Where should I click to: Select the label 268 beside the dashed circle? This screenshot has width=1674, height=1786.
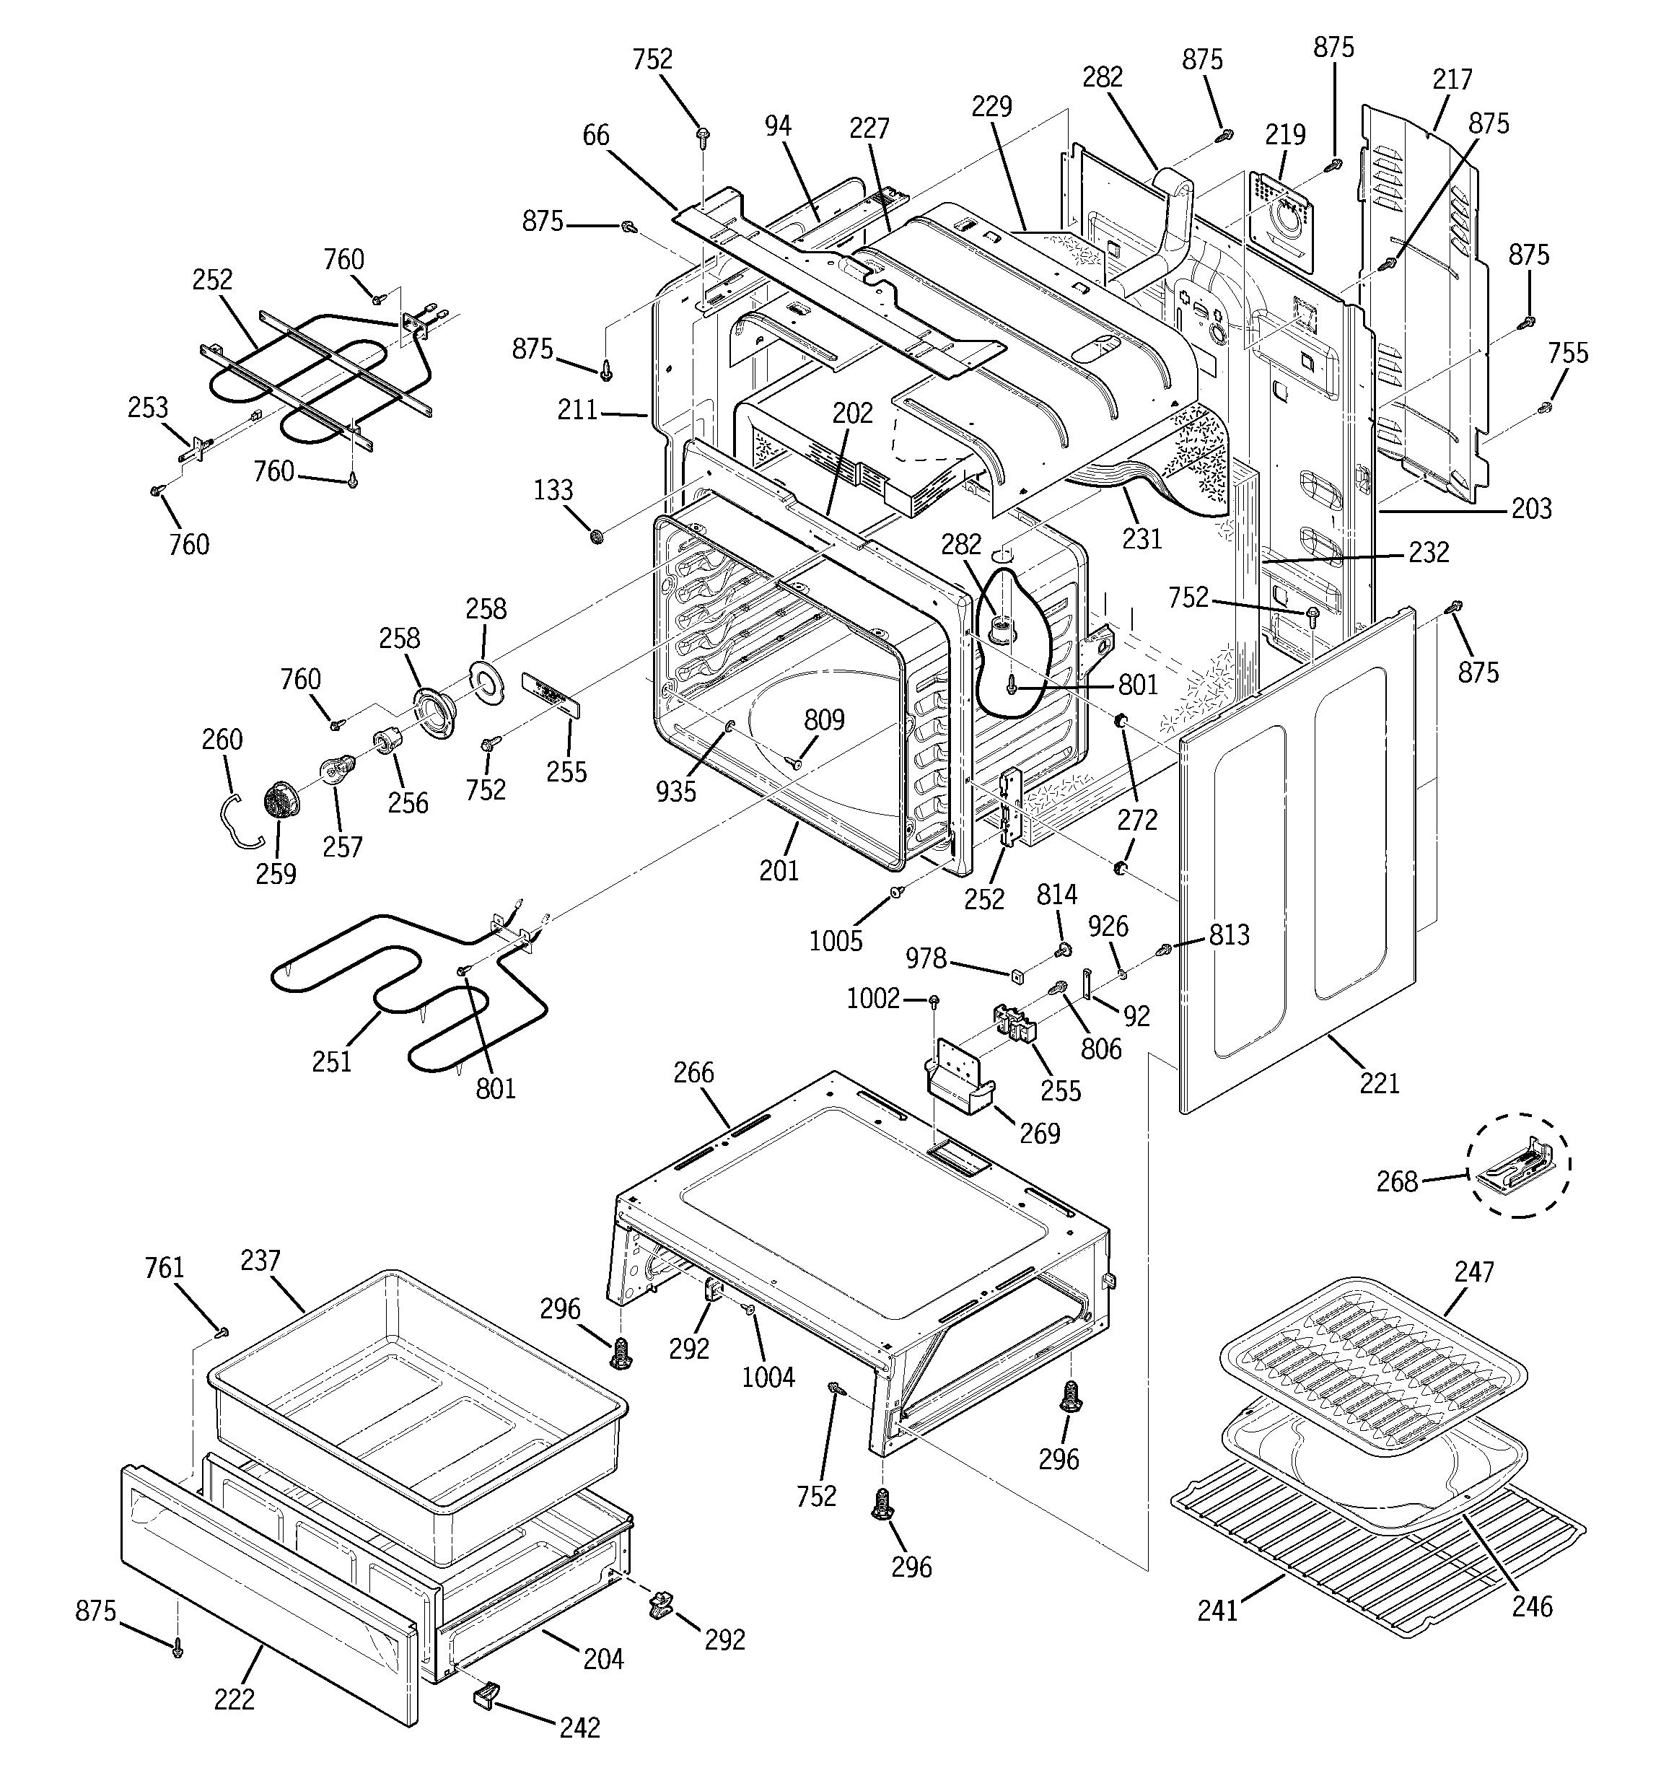tap(1396, 1181)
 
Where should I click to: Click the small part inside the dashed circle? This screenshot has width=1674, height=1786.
tap(1519, 1166)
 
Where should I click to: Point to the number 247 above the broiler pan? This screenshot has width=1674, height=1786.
tap(1473, 1271)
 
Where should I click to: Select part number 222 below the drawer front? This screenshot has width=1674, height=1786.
tap(234, 1699)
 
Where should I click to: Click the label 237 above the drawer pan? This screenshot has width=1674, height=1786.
tap(260, 1261)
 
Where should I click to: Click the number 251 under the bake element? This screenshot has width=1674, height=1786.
tap(332, 1062)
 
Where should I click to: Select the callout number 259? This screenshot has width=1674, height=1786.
tap(275, 873)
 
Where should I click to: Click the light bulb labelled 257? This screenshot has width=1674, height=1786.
tap(336, 770)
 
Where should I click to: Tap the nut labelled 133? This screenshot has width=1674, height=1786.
tap(596, 536)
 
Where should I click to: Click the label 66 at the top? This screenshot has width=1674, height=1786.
tap(596, 136)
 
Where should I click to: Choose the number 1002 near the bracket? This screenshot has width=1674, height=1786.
tap(872, 998)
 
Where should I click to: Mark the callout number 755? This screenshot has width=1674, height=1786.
tap(1568, 353)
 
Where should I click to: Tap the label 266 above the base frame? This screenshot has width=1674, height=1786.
tap(693, 1072)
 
